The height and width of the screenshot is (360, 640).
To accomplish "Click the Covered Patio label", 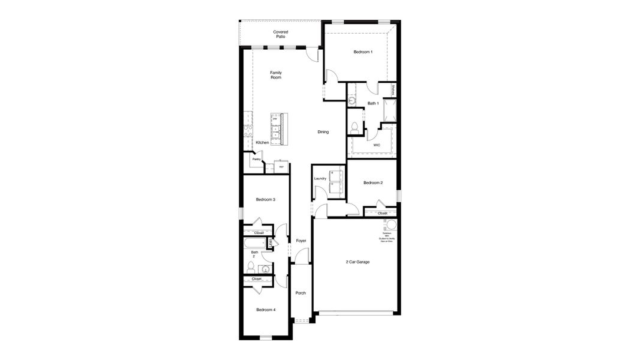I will point(280,34).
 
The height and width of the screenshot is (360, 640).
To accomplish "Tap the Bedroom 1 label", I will point(363,52).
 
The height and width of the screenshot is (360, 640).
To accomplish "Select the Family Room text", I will point(276,75).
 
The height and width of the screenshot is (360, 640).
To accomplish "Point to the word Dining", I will point(323,132).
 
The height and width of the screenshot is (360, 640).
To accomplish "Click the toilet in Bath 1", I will point(354,126).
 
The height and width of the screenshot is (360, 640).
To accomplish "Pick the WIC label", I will point(377,145).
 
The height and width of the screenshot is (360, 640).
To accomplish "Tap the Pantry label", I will point(256,159).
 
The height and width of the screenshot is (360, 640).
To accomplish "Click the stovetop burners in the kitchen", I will point(247,132).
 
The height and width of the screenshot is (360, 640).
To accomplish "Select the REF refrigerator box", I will point(281,167).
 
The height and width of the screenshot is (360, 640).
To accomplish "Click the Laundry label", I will point(320,178).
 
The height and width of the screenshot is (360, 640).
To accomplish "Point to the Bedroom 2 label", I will point(372,182).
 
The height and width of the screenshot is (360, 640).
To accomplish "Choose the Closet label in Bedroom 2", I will point(382,213).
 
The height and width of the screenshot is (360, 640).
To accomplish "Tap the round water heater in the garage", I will point(390,225).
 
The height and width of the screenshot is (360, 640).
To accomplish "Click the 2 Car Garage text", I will point(357,262).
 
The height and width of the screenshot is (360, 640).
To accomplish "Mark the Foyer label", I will point(301,241).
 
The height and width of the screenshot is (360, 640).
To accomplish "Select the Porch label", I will point(301,293).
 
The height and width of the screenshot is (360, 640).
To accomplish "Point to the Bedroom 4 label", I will point(266,310).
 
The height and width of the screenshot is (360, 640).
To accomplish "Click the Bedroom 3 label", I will point(265,199).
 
